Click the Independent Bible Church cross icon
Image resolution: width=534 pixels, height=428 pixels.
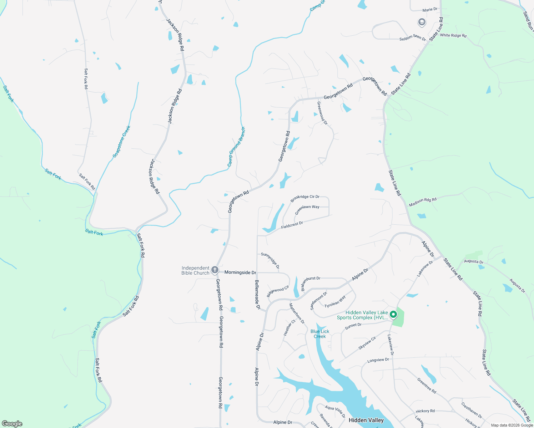[215, 270]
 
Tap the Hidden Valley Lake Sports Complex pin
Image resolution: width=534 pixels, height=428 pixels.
[393, 315]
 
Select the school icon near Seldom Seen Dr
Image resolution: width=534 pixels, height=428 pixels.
[422, 22]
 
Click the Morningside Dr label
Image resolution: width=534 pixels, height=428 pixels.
[240, 272]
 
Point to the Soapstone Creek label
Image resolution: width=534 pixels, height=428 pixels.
[122, 142]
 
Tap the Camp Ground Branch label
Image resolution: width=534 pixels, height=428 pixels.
[236, 147]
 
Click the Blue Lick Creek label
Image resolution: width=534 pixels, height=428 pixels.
[320, 334]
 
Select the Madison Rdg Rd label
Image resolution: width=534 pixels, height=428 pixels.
[423, 202]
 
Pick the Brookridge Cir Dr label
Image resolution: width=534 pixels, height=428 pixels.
[305, 198]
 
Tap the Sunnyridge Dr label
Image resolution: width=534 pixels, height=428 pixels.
[270, 260]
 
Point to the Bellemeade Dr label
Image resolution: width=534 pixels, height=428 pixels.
[257, 294]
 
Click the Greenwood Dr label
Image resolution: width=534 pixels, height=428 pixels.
[322, 113]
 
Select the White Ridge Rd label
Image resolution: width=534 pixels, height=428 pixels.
[453, 35]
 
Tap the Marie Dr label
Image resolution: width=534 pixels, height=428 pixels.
[430, 10]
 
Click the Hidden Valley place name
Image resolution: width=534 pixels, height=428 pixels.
[366, 420]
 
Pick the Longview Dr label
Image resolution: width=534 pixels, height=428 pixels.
[378, 360]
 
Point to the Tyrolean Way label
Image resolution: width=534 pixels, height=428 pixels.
[335, 302]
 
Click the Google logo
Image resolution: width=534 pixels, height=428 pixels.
[12, 424]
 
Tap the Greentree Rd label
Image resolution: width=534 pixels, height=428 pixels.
[427, 386]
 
